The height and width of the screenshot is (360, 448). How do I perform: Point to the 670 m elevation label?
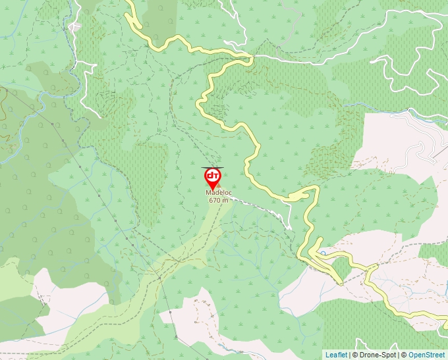[x=218, y=199]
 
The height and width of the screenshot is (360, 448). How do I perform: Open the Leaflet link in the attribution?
[x=336, y=355]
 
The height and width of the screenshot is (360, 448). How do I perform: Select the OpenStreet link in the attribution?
[x=427, y=355]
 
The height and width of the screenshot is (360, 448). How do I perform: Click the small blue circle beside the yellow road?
[x=322, y=252]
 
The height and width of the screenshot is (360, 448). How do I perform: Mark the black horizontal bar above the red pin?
[x=212, y=167]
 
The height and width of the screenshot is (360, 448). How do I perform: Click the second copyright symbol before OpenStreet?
[x=404, y=355]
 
